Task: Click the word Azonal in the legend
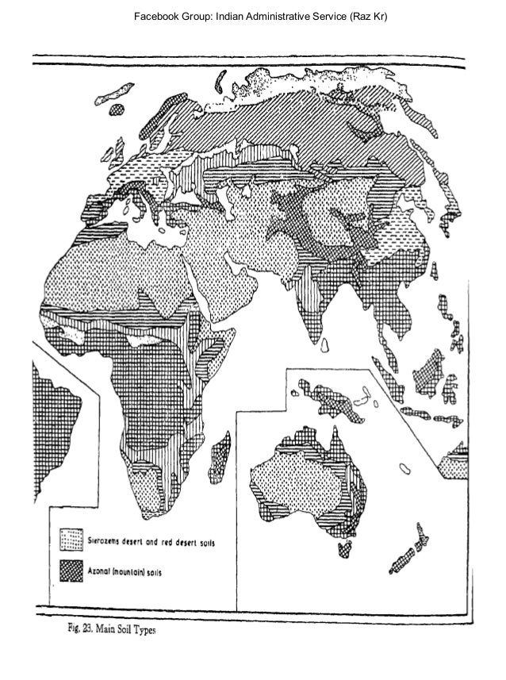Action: click(x=113, y=573)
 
